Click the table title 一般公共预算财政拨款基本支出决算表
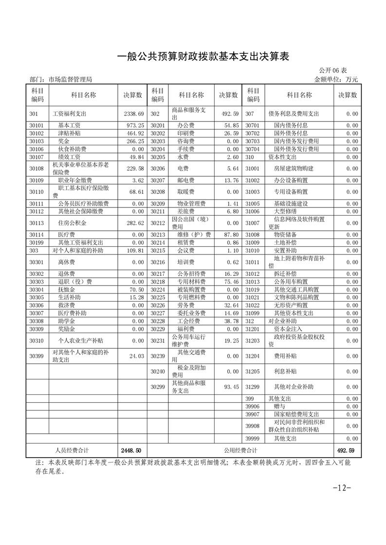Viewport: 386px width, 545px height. tap(203, 57)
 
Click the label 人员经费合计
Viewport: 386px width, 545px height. tap(72, 450)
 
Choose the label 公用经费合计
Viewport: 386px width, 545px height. tap(240, 450)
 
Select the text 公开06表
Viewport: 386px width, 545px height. tap(333, 71)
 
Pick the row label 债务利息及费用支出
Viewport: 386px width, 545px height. tap(294, 114)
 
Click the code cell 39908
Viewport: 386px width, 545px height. tap(253, 426)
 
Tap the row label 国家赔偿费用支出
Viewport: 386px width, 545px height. tap(296, 414)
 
